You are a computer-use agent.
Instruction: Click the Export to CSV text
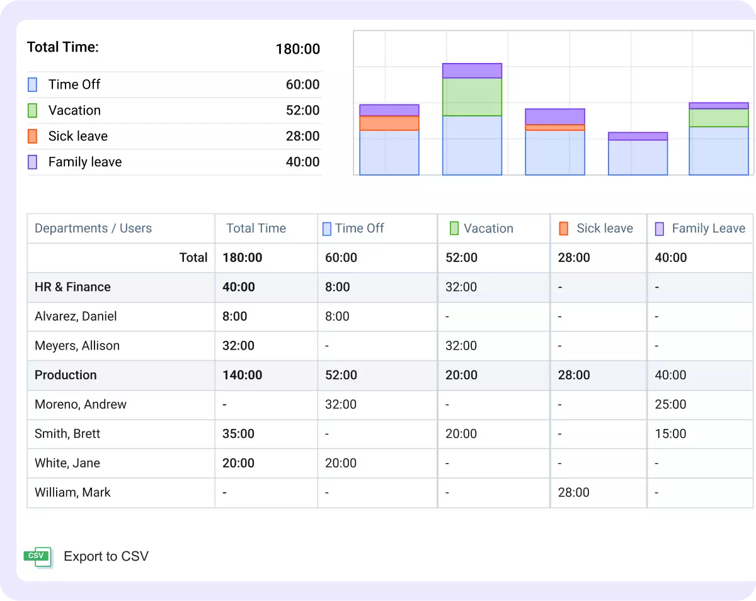(x=106, y=556)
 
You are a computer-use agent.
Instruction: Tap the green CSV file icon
(x=38, y=556)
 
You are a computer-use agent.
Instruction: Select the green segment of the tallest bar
(x=472, y=97)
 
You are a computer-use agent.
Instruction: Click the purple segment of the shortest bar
(x=638, y=136)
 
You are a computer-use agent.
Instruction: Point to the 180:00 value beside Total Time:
(x=297, y=49)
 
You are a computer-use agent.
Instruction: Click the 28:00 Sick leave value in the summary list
(x=302, y=136)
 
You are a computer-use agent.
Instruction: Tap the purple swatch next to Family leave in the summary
(x=33, y=162)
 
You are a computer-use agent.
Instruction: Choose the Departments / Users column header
(x=93, y=229)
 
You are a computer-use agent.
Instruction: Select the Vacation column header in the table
(x=488, y=229)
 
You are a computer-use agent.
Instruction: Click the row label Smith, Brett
(x=67, y=434)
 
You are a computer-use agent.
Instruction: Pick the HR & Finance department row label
(x=72, y=287)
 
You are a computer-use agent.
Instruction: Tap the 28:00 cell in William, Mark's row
(x=573, y=493)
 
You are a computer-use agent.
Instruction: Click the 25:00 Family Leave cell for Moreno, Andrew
(x=670, y=404)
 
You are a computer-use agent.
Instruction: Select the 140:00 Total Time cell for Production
(x=242, y=375)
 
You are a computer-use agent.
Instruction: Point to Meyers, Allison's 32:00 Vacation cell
(x=461, y=346)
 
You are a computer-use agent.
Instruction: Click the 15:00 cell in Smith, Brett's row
(x=670, y=434)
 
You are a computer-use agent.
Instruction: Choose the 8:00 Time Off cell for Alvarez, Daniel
(x=337, y=316)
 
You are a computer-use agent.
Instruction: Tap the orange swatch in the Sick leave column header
(x=563, y=229)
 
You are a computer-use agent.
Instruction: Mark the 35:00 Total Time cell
(x=238, y=434)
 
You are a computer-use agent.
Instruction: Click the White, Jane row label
(x=67, y=463)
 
